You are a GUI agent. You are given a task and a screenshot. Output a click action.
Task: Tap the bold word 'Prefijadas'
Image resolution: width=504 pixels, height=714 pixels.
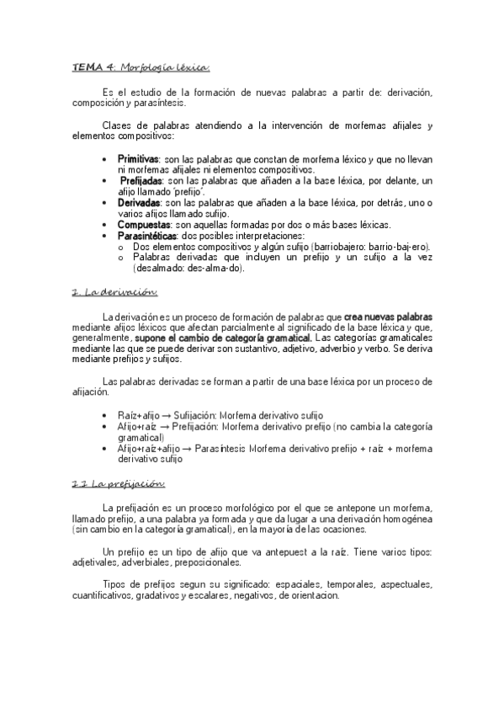[x=142, y=180]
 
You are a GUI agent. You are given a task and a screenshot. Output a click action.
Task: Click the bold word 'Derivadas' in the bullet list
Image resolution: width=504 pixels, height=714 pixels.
[x=139, y=203]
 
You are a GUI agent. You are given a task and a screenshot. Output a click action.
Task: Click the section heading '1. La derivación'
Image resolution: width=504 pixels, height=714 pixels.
[x=114, y=292]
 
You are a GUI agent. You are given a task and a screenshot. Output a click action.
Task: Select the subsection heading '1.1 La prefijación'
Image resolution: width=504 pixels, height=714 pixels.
[x=118, y=484]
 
